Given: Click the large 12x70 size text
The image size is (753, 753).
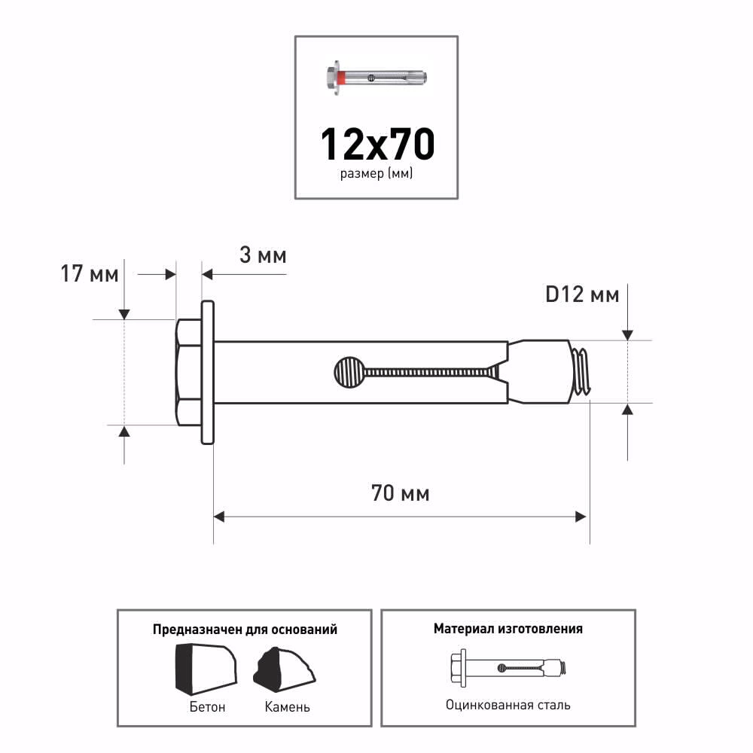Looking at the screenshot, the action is pos(377,144).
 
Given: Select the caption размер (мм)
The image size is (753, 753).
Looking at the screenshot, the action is pos(376,173).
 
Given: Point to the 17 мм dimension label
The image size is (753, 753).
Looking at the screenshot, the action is pos(90,274).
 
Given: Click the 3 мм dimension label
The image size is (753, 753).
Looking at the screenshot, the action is pos(263,255).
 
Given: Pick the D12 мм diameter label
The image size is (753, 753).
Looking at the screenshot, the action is pos(582,294).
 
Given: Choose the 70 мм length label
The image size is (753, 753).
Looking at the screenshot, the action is pos(400,493).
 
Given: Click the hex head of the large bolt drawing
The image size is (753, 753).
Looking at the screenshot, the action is pos(188,372).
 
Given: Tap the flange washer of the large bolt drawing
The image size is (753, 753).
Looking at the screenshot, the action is pos(208,372).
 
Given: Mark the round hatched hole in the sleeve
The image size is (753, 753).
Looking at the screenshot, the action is pos(349,372).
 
